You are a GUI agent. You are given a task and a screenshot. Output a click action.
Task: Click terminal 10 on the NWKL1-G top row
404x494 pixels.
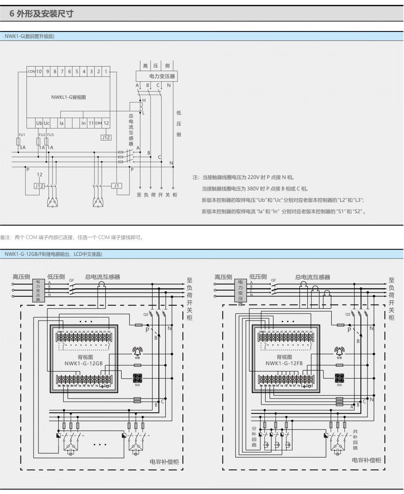tap(39, 72)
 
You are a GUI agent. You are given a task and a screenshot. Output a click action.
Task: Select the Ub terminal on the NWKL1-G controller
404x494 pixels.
tap(39, 123)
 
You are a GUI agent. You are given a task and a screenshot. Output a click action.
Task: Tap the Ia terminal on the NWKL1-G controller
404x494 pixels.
tap(61, 123)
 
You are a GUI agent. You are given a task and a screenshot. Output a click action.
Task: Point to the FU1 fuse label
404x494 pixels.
tap(22, 135)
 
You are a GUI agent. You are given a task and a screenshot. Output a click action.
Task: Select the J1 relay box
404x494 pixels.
tap(117, 186)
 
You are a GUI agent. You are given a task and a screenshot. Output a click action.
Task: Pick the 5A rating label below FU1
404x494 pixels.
tap(22, 147)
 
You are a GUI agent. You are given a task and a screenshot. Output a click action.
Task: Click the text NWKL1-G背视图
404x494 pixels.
tap(69, 97)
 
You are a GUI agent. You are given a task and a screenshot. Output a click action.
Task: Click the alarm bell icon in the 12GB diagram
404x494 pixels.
tap(138, 352)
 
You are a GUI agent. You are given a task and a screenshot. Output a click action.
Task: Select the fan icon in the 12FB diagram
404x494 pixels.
tap(340, 378)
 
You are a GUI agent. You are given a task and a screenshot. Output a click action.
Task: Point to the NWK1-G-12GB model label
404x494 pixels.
tap(83, 363)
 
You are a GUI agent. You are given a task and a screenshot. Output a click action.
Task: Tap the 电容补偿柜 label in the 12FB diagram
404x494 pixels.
tap(366, 460)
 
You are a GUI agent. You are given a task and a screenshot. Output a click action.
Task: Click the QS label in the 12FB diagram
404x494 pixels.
tap(347, 314)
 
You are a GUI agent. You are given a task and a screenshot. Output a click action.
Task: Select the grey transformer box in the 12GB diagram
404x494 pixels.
tap(38, 290)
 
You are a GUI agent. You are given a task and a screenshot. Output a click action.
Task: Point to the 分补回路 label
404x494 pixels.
tap(254, 437)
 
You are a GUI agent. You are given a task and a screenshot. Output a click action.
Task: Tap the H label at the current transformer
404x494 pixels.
tap(144, 100)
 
